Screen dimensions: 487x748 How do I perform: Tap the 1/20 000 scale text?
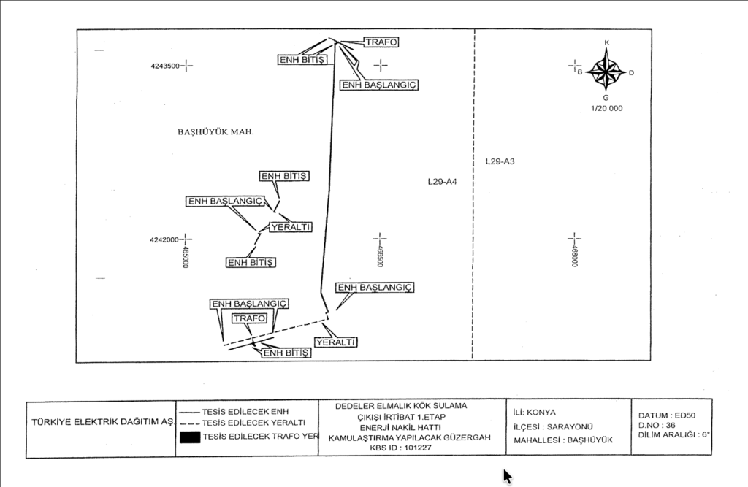(607, 108)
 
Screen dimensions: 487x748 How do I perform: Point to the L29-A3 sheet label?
(500, 161)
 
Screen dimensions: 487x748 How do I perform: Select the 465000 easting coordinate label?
(186, 256)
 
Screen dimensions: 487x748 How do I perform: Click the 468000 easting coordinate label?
(574, 256)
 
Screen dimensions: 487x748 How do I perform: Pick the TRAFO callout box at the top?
(381, 42)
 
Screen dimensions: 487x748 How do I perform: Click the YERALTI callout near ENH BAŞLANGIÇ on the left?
(291, 227)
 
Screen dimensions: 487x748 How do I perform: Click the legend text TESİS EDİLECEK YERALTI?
(253, 423)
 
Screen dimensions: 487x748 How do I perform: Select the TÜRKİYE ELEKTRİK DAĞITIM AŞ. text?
(102, 423)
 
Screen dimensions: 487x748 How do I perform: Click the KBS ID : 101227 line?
(400, 448)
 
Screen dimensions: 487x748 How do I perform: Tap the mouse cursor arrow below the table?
(507, 476)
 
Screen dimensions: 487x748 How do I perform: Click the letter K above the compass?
(607, 43)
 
